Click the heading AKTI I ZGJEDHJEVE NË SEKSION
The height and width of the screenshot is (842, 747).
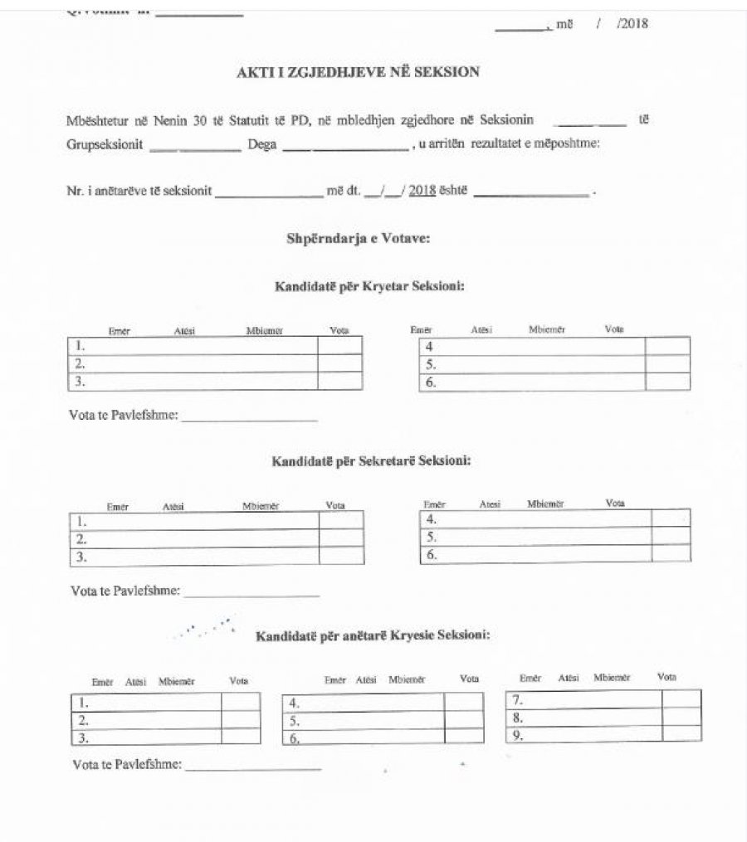359,72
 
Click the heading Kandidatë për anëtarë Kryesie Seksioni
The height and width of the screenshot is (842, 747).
373,636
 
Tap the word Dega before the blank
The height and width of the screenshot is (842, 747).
262,144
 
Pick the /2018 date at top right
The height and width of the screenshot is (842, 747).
632,24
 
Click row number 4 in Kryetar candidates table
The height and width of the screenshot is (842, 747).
430,346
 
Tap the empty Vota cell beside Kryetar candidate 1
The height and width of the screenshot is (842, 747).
339,345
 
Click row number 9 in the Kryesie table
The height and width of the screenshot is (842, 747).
516,735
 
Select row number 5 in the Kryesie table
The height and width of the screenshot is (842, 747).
294,721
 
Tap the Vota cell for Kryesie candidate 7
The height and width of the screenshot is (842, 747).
681,698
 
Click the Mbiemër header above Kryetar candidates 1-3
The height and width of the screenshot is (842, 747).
265,331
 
